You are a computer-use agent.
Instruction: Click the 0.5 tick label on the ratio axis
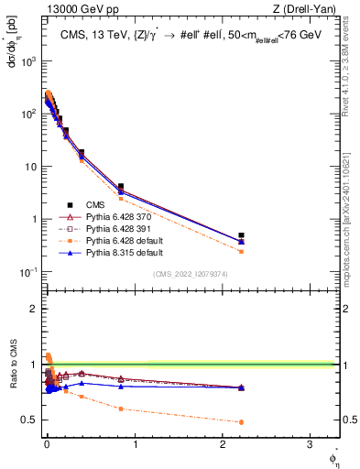[x=32, y=420]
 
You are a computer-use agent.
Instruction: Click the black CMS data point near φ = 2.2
[x=241, y=235]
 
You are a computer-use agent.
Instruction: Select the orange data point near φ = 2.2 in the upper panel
[x=241, y=251]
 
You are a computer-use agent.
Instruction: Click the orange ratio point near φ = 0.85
[x=120, y=409]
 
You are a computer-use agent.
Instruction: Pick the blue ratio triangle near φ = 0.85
[x=120, y=386]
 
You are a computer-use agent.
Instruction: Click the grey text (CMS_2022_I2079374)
[x=191, y=273]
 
